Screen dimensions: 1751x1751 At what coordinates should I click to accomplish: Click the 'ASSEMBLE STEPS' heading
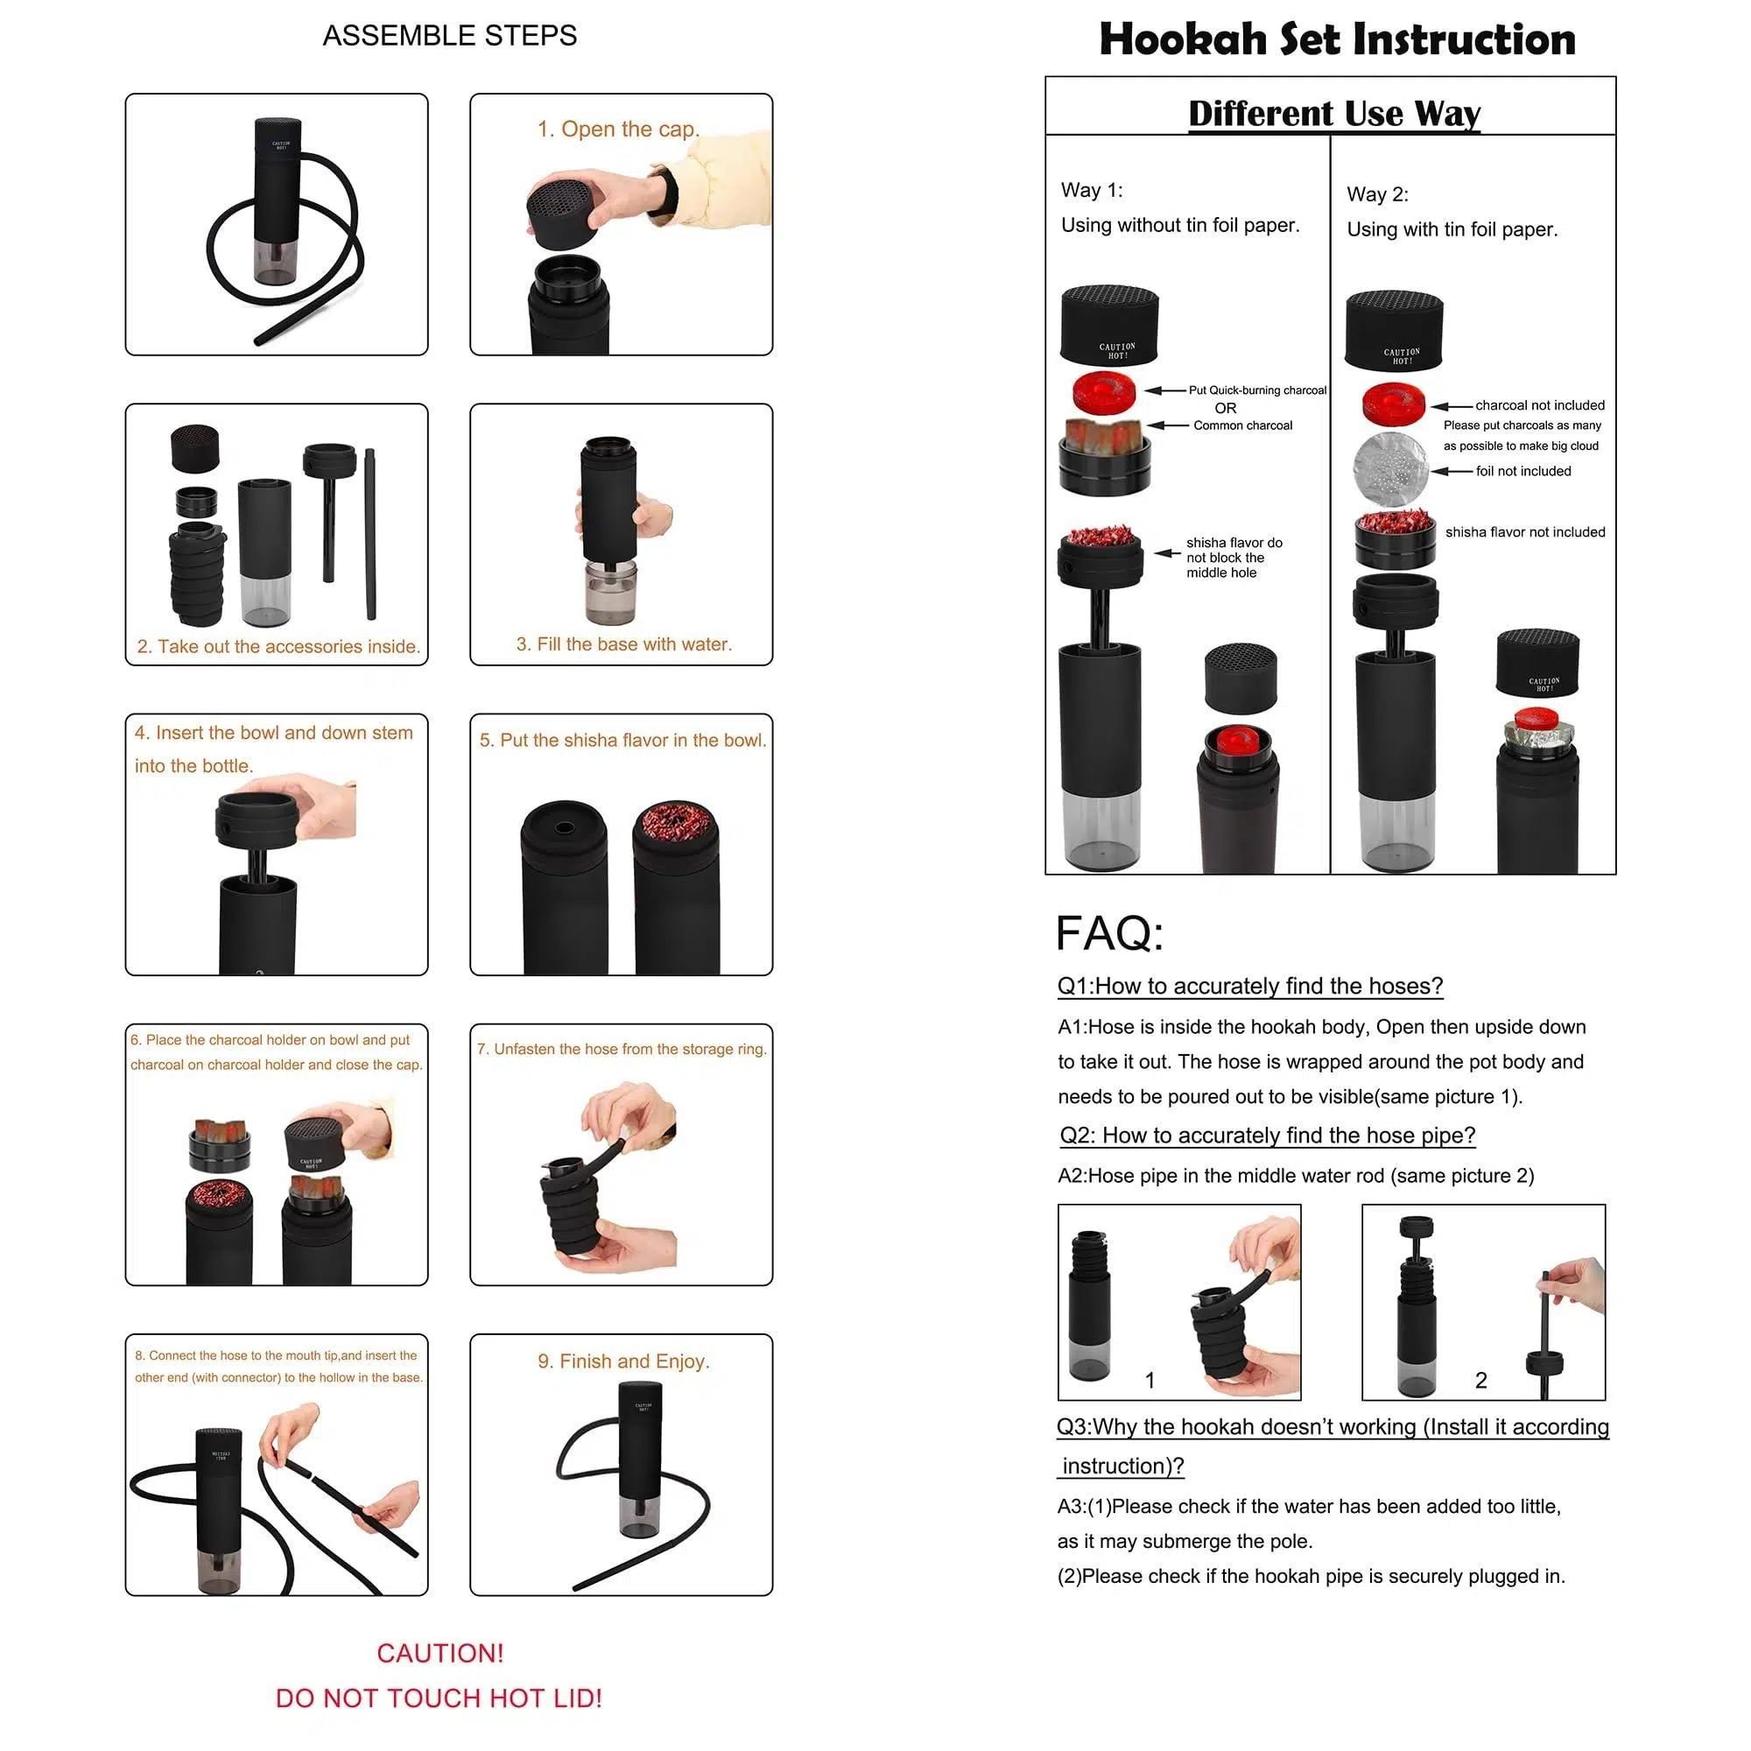[x=449, y=35]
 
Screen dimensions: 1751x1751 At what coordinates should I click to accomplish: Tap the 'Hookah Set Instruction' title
[x=1337, y=39]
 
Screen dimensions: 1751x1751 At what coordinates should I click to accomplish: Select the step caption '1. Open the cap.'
[x=619, y=130]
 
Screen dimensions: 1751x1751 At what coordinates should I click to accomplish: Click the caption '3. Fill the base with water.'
[x=623, y=644]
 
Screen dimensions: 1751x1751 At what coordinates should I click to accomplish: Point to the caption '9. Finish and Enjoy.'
[x=623, y=1361]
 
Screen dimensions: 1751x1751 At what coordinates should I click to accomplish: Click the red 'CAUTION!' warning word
[x=440, y=1653]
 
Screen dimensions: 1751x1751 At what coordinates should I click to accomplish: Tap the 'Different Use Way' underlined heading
[x=1334, y=114]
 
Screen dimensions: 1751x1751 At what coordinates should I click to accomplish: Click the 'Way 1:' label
[x=1091, y=190]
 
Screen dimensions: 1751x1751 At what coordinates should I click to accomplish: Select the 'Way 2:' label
[x=1377, y=194]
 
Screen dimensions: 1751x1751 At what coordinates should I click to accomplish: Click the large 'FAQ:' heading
[x=1109, y=933]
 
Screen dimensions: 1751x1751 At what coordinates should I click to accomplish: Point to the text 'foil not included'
[x=1523, y=471]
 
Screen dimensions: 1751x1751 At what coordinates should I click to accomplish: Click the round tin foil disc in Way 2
[x=1390, y=468]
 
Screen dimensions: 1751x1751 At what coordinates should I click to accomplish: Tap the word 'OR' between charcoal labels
[x=1226, y=409]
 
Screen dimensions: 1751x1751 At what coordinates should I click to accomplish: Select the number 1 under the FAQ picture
[x=1150, y=1381]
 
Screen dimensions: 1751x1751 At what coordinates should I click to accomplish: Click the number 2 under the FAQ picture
[x=1481, y=1381]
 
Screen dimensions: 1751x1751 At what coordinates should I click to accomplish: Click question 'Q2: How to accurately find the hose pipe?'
[x=1268, y=1136]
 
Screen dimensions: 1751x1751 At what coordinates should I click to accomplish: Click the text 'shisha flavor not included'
[x=1525, y=532]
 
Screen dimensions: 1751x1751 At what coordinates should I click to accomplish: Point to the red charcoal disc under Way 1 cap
[x=1104, y=392]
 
